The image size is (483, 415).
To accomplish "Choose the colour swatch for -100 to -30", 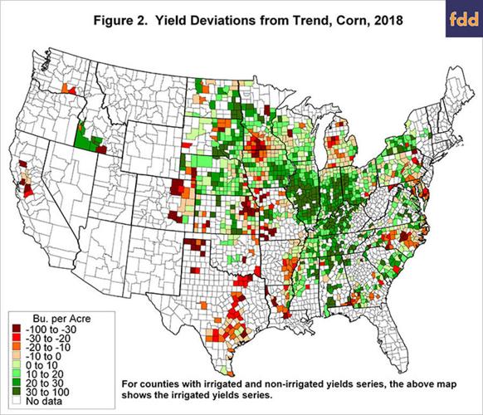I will click(16, 329).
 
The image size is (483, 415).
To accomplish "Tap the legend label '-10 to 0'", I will click(43, 356).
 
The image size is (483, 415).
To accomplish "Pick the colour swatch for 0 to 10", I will click(16, 365).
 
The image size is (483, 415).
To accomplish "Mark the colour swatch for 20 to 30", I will click(16, 383).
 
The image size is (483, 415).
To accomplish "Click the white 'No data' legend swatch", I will click(16, 402).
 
